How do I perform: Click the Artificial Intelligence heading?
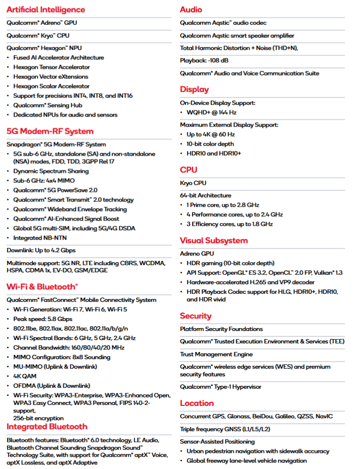coord(46,10)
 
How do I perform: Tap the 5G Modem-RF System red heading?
coord(50,131)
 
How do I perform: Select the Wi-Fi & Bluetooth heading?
coord(42,287)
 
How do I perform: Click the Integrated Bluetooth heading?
coord(47,426)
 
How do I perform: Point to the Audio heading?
coord(191,10)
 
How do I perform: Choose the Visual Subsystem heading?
coord(214,240)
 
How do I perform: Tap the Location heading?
coord(197,403)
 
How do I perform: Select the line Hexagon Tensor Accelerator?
coord(51,67)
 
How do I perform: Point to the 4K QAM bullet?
coord(25,376)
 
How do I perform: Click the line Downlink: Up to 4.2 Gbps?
coord(41,250)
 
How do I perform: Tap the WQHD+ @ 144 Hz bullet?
coord(211,112)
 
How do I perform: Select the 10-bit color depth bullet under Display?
coord(210,144)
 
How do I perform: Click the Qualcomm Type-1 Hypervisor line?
coord(220,387)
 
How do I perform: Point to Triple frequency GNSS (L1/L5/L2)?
coord(225,429)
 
